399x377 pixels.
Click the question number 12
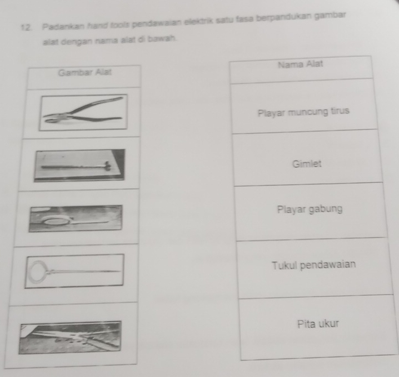tap(27, 27)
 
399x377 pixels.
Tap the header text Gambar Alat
tap(84, 72)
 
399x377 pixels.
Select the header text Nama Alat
tap(301, 64)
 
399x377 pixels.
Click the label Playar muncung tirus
tap(303, 112)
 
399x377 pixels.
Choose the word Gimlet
tap(307, 164)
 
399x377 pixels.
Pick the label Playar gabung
tap(310, 210)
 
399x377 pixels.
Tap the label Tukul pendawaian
tap(314, 265)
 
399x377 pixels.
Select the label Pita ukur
tap(318, 324)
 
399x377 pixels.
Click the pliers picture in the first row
tap(83, 112)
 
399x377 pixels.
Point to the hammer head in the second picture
tap(108, 166)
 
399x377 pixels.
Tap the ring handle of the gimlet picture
tap(38, 272)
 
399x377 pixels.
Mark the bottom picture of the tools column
tap(70, 338)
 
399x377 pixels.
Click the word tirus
tap(340, 111)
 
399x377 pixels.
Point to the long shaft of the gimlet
tap(84, 272)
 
